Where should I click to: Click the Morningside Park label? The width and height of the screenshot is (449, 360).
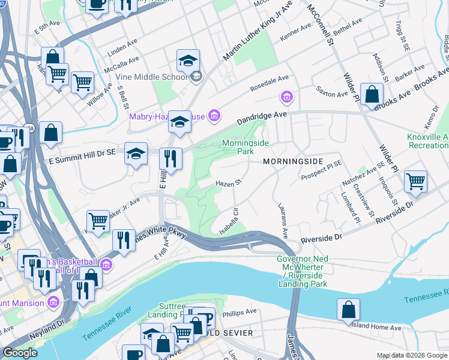(246, 148)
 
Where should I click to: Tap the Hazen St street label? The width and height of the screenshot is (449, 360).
(229, 182)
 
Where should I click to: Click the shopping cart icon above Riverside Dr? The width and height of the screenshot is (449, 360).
(415, 181)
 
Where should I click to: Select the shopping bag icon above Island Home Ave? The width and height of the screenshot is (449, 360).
(348, 310)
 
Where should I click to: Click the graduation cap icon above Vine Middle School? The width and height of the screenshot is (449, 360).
(188, 61)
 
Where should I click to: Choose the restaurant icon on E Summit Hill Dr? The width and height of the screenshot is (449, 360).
(170, 159)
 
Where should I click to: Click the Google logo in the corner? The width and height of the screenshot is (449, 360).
(20, 353)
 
